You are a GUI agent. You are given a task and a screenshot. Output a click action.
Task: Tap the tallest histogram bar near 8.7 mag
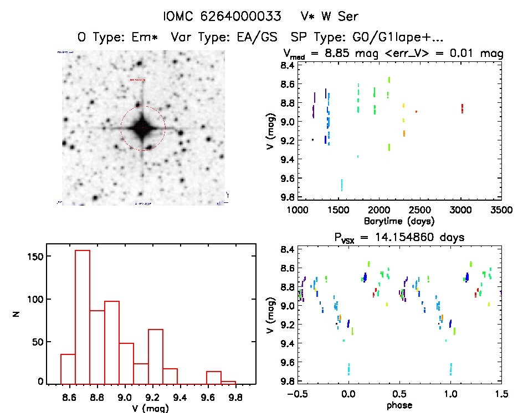click(x=83, y=315)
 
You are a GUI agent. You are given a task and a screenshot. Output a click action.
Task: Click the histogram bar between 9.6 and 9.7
click(x=214, y=377)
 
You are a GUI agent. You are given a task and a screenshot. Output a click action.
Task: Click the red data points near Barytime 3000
click(x=462, y=108)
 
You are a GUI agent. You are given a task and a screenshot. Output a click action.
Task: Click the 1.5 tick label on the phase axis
click(x=501, y=395)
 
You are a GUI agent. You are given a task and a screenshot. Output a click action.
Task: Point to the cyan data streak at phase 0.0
click(x=348, y=369)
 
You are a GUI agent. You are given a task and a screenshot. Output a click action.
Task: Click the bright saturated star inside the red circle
click(x=142, y=128)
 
